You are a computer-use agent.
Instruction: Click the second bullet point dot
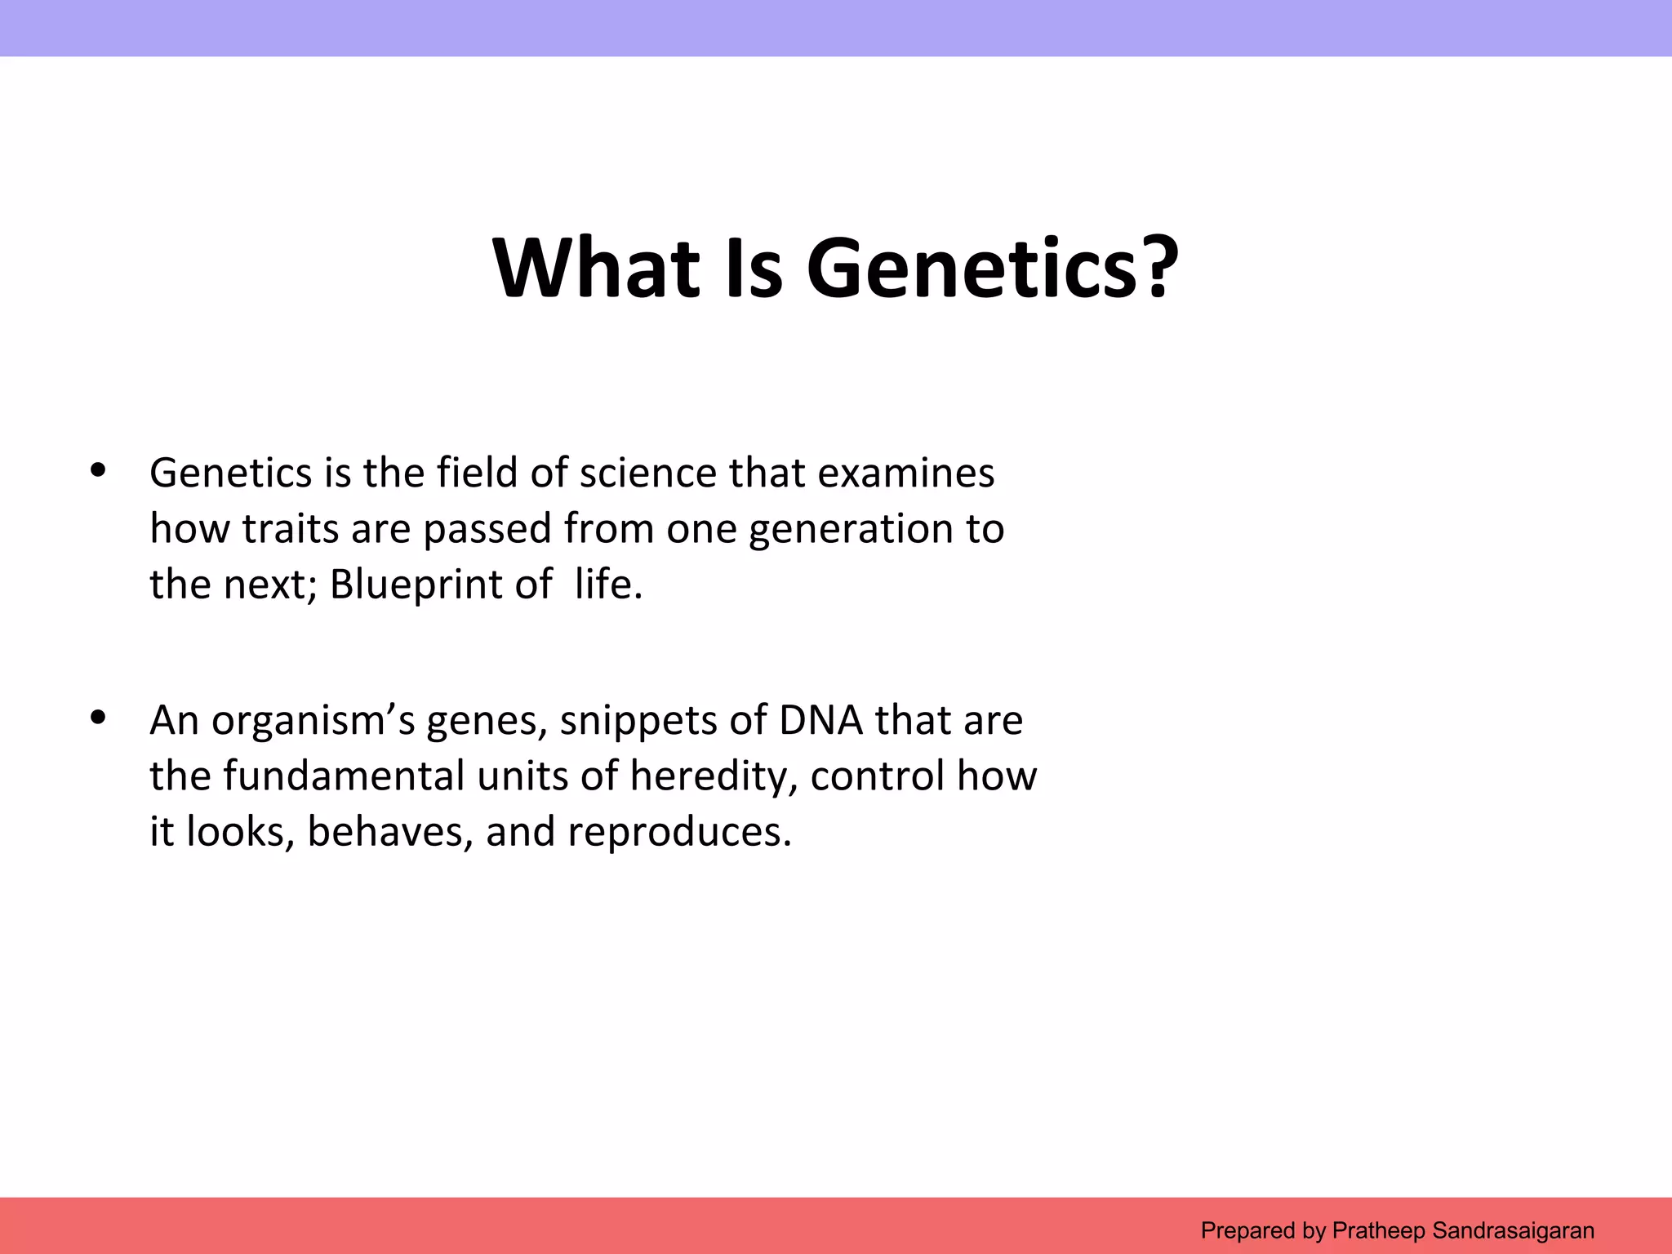[x=99, y=718]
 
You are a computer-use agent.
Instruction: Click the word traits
[x=291, y=529]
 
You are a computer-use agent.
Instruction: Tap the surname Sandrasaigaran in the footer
[x=1513, y=1230]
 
